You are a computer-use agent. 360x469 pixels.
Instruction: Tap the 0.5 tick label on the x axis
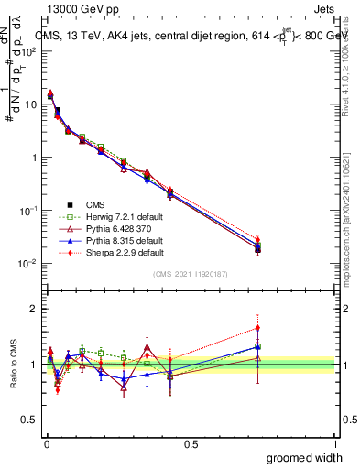coord(191,443)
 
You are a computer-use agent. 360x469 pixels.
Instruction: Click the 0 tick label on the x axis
coord(46,443)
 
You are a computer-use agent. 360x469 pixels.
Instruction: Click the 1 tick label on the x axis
coord(334,443)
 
